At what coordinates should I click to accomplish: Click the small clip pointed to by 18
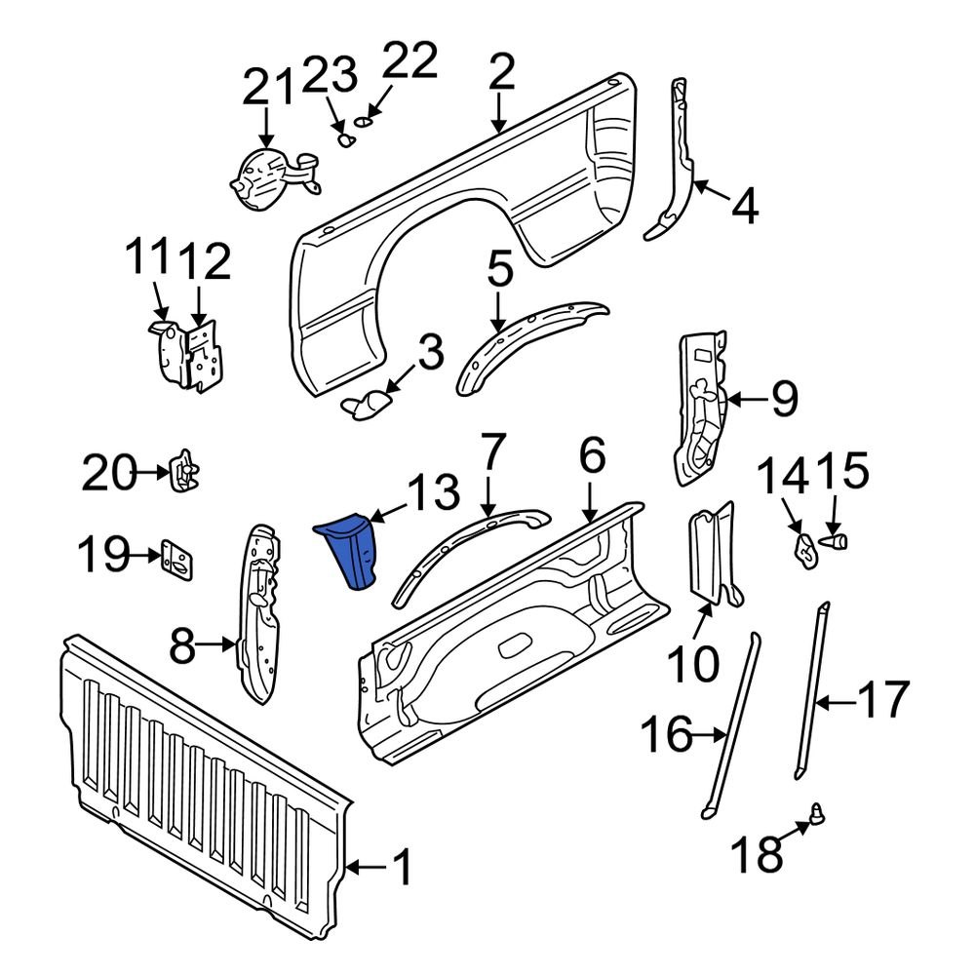pos(816,811)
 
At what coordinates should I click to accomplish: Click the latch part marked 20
pos(184,472)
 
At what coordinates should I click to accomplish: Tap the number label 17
pos(882,700)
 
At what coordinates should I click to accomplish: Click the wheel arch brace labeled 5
pos(531,341)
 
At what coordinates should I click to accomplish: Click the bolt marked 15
pos(837,537)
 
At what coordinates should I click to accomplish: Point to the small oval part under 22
pos(363,122)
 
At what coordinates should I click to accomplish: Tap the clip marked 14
pos(805,548)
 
